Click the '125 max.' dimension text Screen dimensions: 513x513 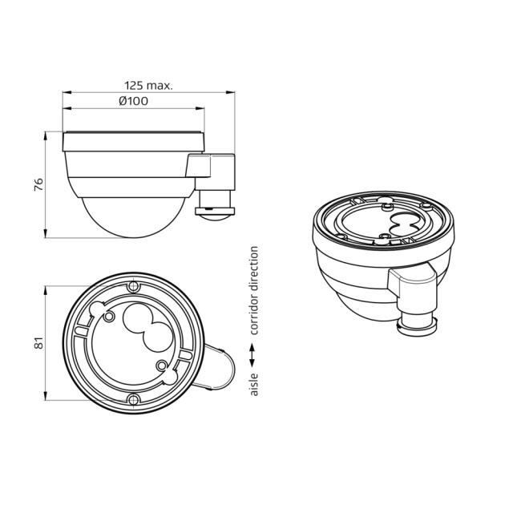pyautogui.click(x=149, y=84)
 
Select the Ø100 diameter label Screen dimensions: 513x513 pyautogui.click(x=133, y=101)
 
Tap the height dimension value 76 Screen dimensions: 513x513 pyautogui.click(x=37, y=185)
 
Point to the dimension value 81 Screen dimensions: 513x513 pyautogui.click(x=37, y=342)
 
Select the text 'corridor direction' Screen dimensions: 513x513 pyautogui.click(x=254, y=291)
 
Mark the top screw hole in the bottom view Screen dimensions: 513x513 pyautogui.click(x=133, y=287)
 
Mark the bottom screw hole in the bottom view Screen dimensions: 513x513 pyautogui.click(x=133, y=400)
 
